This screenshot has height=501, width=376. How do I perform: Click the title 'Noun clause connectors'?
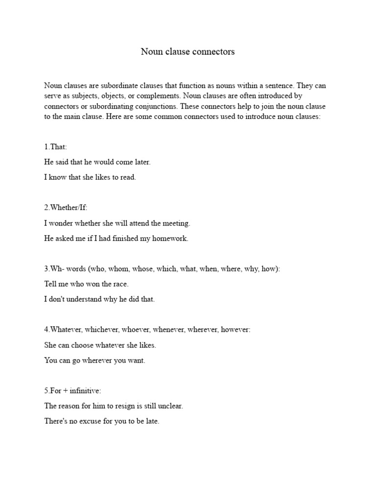click(188, 51)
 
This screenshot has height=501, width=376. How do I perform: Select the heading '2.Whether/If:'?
click(66, 208)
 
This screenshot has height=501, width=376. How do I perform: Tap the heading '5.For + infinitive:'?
click(72, 391)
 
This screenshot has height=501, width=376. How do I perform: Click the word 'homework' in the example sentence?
click(171, 239)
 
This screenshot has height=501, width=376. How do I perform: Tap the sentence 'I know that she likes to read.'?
click(90, 177)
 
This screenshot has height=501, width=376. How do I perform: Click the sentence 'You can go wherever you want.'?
click(95, 361)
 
